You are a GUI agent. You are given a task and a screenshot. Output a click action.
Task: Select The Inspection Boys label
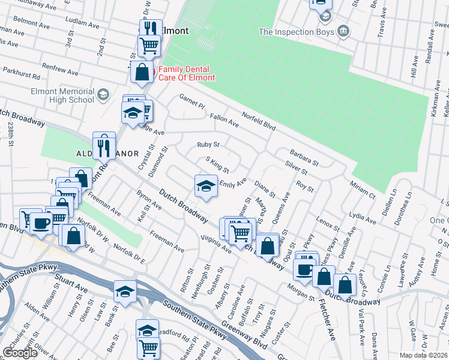(x=295, y=31)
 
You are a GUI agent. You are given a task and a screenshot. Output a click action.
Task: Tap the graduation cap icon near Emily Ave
(x=205, y=185)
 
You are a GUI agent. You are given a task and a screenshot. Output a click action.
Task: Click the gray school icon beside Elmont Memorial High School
(x=103, y=95)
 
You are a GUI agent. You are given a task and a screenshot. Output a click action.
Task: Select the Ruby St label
(x=208, y=145)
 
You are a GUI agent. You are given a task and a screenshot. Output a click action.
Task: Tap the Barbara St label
(x=303, y=158)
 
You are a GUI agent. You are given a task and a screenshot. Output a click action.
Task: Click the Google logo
(x=20, y=353)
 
